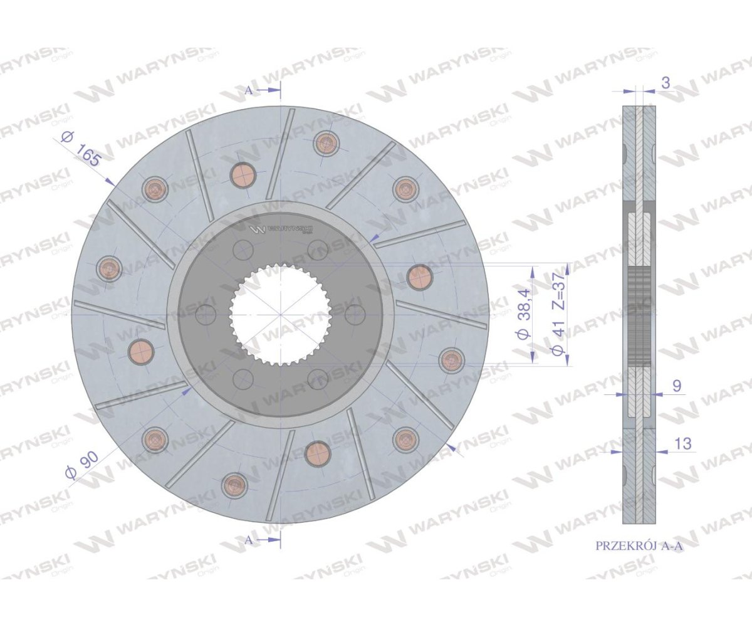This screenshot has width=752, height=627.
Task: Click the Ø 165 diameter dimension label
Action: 80,149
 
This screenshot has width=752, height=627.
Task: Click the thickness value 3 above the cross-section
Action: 666,83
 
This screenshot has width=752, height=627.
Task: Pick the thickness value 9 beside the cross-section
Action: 677,386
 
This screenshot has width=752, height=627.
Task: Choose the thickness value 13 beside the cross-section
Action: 682,443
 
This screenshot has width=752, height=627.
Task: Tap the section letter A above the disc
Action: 249,90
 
